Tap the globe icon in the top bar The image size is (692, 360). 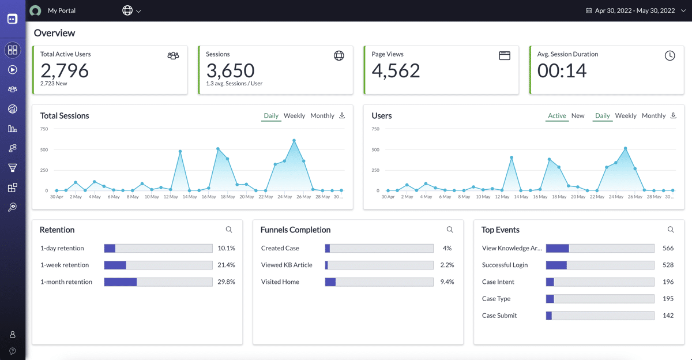click(127, 10)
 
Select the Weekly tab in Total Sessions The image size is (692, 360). click(294, 116)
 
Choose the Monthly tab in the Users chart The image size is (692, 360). click(653, 116)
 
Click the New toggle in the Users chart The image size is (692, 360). click(578, 116)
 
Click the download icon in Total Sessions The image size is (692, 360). click(342, 115)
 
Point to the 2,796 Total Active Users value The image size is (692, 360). click(65, 70)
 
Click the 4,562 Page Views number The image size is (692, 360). click(396, 70)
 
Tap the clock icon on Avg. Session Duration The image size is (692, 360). click(670, 55)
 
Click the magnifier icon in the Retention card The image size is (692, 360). click(229, 230)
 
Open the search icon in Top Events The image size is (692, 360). click(671, 230)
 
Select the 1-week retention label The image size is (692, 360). click(65, 265)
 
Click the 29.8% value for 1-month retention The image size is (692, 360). click(226, 282)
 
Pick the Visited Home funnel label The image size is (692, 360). click(280, 282)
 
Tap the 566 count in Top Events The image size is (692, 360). click(668, 249)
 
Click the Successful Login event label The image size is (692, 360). click(505, 265)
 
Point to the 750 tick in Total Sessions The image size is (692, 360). click(44, 129)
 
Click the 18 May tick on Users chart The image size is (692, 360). click(559, 197)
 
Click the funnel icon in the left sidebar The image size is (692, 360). click(12, 168)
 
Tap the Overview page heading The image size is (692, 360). click(54, 33)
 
